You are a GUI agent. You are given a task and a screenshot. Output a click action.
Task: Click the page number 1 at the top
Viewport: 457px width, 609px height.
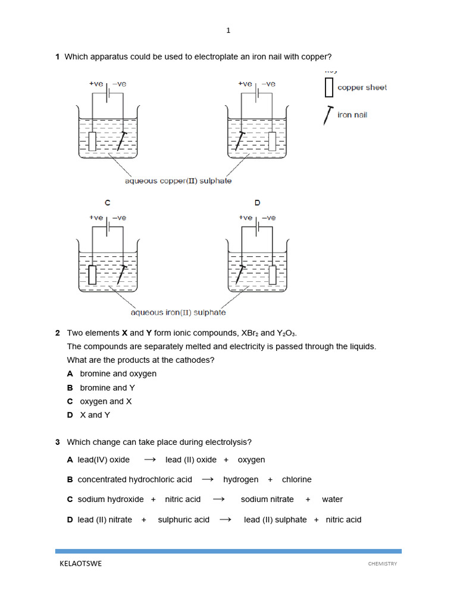tap(228, 30)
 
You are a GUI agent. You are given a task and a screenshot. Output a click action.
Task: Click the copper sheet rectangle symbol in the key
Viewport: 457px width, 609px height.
tap(328, 87)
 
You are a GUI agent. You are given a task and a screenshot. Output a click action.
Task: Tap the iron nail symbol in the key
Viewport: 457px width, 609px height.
tap(327, 115)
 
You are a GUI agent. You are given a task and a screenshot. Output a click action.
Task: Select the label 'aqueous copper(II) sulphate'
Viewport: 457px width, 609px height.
tap(178, 181)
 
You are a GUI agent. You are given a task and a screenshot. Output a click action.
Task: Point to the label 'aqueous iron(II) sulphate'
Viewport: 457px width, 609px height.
tap(178, 312)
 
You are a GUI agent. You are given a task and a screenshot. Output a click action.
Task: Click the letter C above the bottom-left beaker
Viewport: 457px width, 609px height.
tap(108, 203)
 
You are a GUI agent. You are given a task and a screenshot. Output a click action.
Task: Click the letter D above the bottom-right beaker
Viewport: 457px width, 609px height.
tap(257, 203)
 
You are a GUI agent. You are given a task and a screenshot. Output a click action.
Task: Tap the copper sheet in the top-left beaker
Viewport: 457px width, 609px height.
tap(92, 141)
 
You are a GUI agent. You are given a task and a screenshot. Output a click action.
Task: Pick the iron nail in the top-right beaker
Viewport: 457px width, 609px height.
tap(240, 141)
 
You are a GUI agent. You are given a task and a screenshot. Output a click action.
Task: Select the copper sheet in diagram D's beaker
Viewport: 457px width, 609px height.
tap(273, 274)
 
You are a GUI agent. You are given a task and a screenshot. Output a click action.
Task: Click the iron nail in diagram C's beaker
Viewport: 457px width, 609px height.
tap(121, 274)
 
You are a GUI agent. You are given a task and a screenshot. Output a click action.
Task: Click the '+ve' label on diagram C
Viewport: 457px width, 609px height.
tap(96, 218)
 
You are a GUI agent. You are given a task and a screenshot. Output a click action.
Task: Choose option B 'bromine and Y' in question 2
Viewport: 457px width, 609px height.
tap(107, 388)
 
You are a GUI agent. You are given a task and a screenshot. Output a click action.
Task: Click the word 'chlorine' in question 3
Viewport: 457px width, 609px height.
tap(296, 479)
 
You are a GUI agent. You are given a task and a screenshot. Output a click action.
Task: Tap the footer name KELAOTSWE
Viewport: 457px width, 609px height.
tap(80, 564)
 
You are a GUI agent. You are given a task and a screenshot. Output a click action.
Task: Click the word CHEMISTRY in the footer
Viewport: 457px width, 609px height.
tap(382, 564)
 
